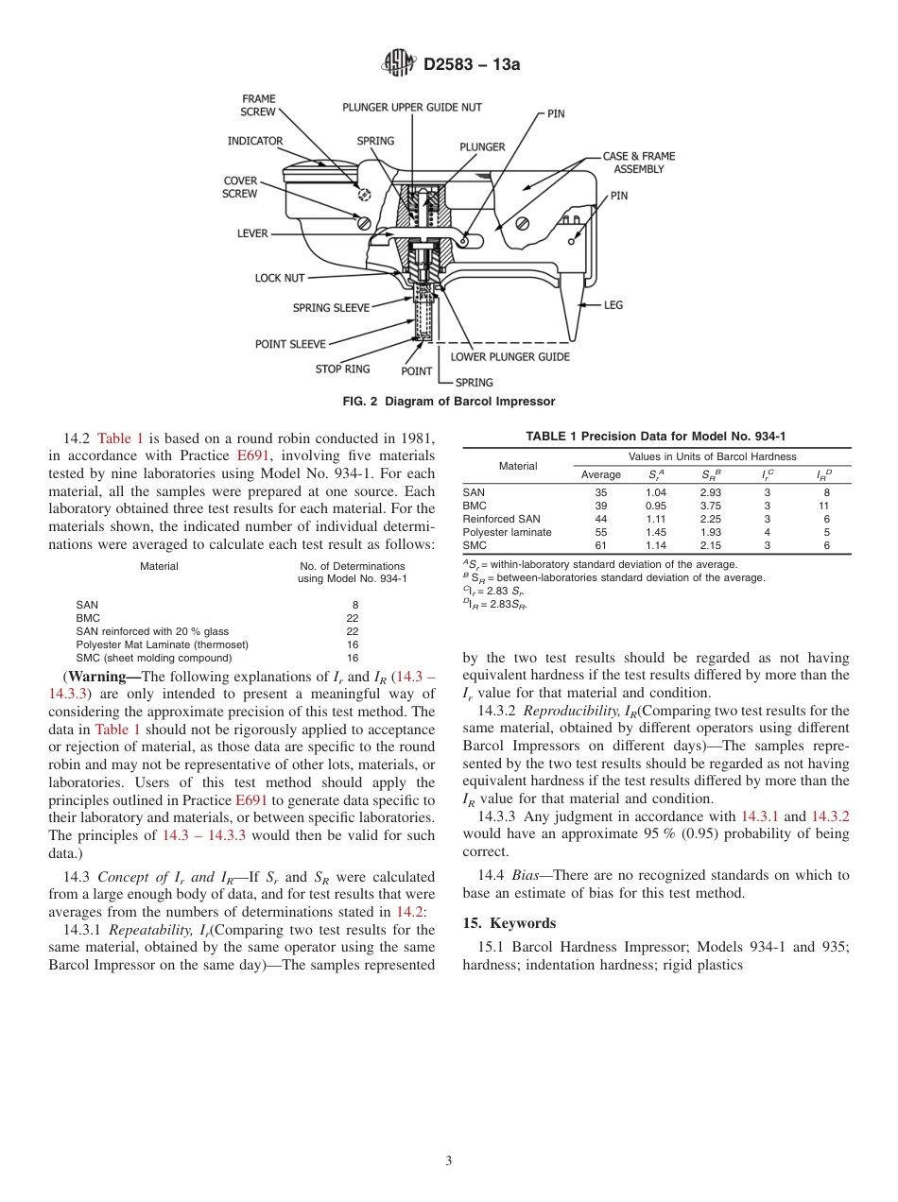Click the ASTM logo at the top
point(398,63)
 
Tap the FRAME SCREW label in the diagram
point(258,105)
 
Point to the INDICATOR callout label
point(255,142)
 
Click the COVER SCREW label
point(240,187)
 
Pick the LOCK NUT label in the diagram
point(280,279)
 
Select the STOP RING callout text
point(343,369)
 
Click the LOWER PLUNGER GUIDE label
point(509,357)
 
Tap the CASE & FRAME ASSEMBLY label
point(639,163)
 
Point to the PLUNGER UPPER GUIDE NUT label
point(412,108)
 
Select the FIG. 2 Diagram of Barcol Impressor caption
point(448,402)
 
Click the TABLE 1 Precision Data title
point(656,436)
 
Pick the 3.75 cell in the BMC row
point(710,506)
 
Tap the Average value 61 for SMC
point(601,545)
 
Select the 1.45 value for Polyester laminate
point(655,532)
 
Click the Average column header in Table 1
point(601,474)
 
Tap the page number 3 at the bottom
point(449,1161)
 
